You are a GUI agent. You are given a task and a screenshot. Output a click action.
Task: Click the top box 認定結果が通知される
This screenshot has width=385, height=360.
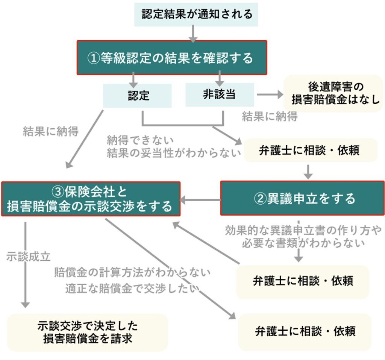196,15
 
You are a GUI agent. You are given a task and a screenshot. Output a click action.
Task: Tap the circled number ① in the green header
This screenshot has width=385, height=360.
93,58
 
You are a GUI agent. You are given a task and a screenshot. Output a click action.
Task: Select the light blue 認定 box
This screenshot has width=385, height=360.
138,96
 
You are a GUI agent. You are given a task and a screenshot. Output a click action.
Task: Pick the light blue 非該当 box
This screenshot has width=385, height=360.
219,95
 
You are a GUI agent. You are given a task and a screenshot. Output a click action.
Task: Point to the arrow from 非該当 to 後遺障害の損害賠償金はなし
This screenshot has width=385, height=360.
269,95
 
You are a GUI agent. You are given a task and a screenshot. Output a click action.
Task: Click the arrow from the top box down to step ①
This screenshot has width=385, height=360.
193,33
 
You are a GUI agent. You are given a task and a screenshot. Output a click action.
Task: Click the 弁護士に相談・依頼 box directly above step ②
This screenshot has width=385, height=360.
310,150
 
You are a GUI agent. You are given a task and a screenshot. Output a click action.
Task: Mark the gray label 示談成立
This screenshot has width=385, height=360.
28,257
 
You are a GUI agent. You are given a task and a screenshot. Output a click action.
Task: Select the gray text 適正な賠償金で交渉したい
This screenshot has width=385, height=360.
132,288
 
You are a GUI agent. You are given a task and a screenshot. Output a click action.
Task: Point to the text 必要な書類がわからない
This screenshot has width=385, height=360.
303,243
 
